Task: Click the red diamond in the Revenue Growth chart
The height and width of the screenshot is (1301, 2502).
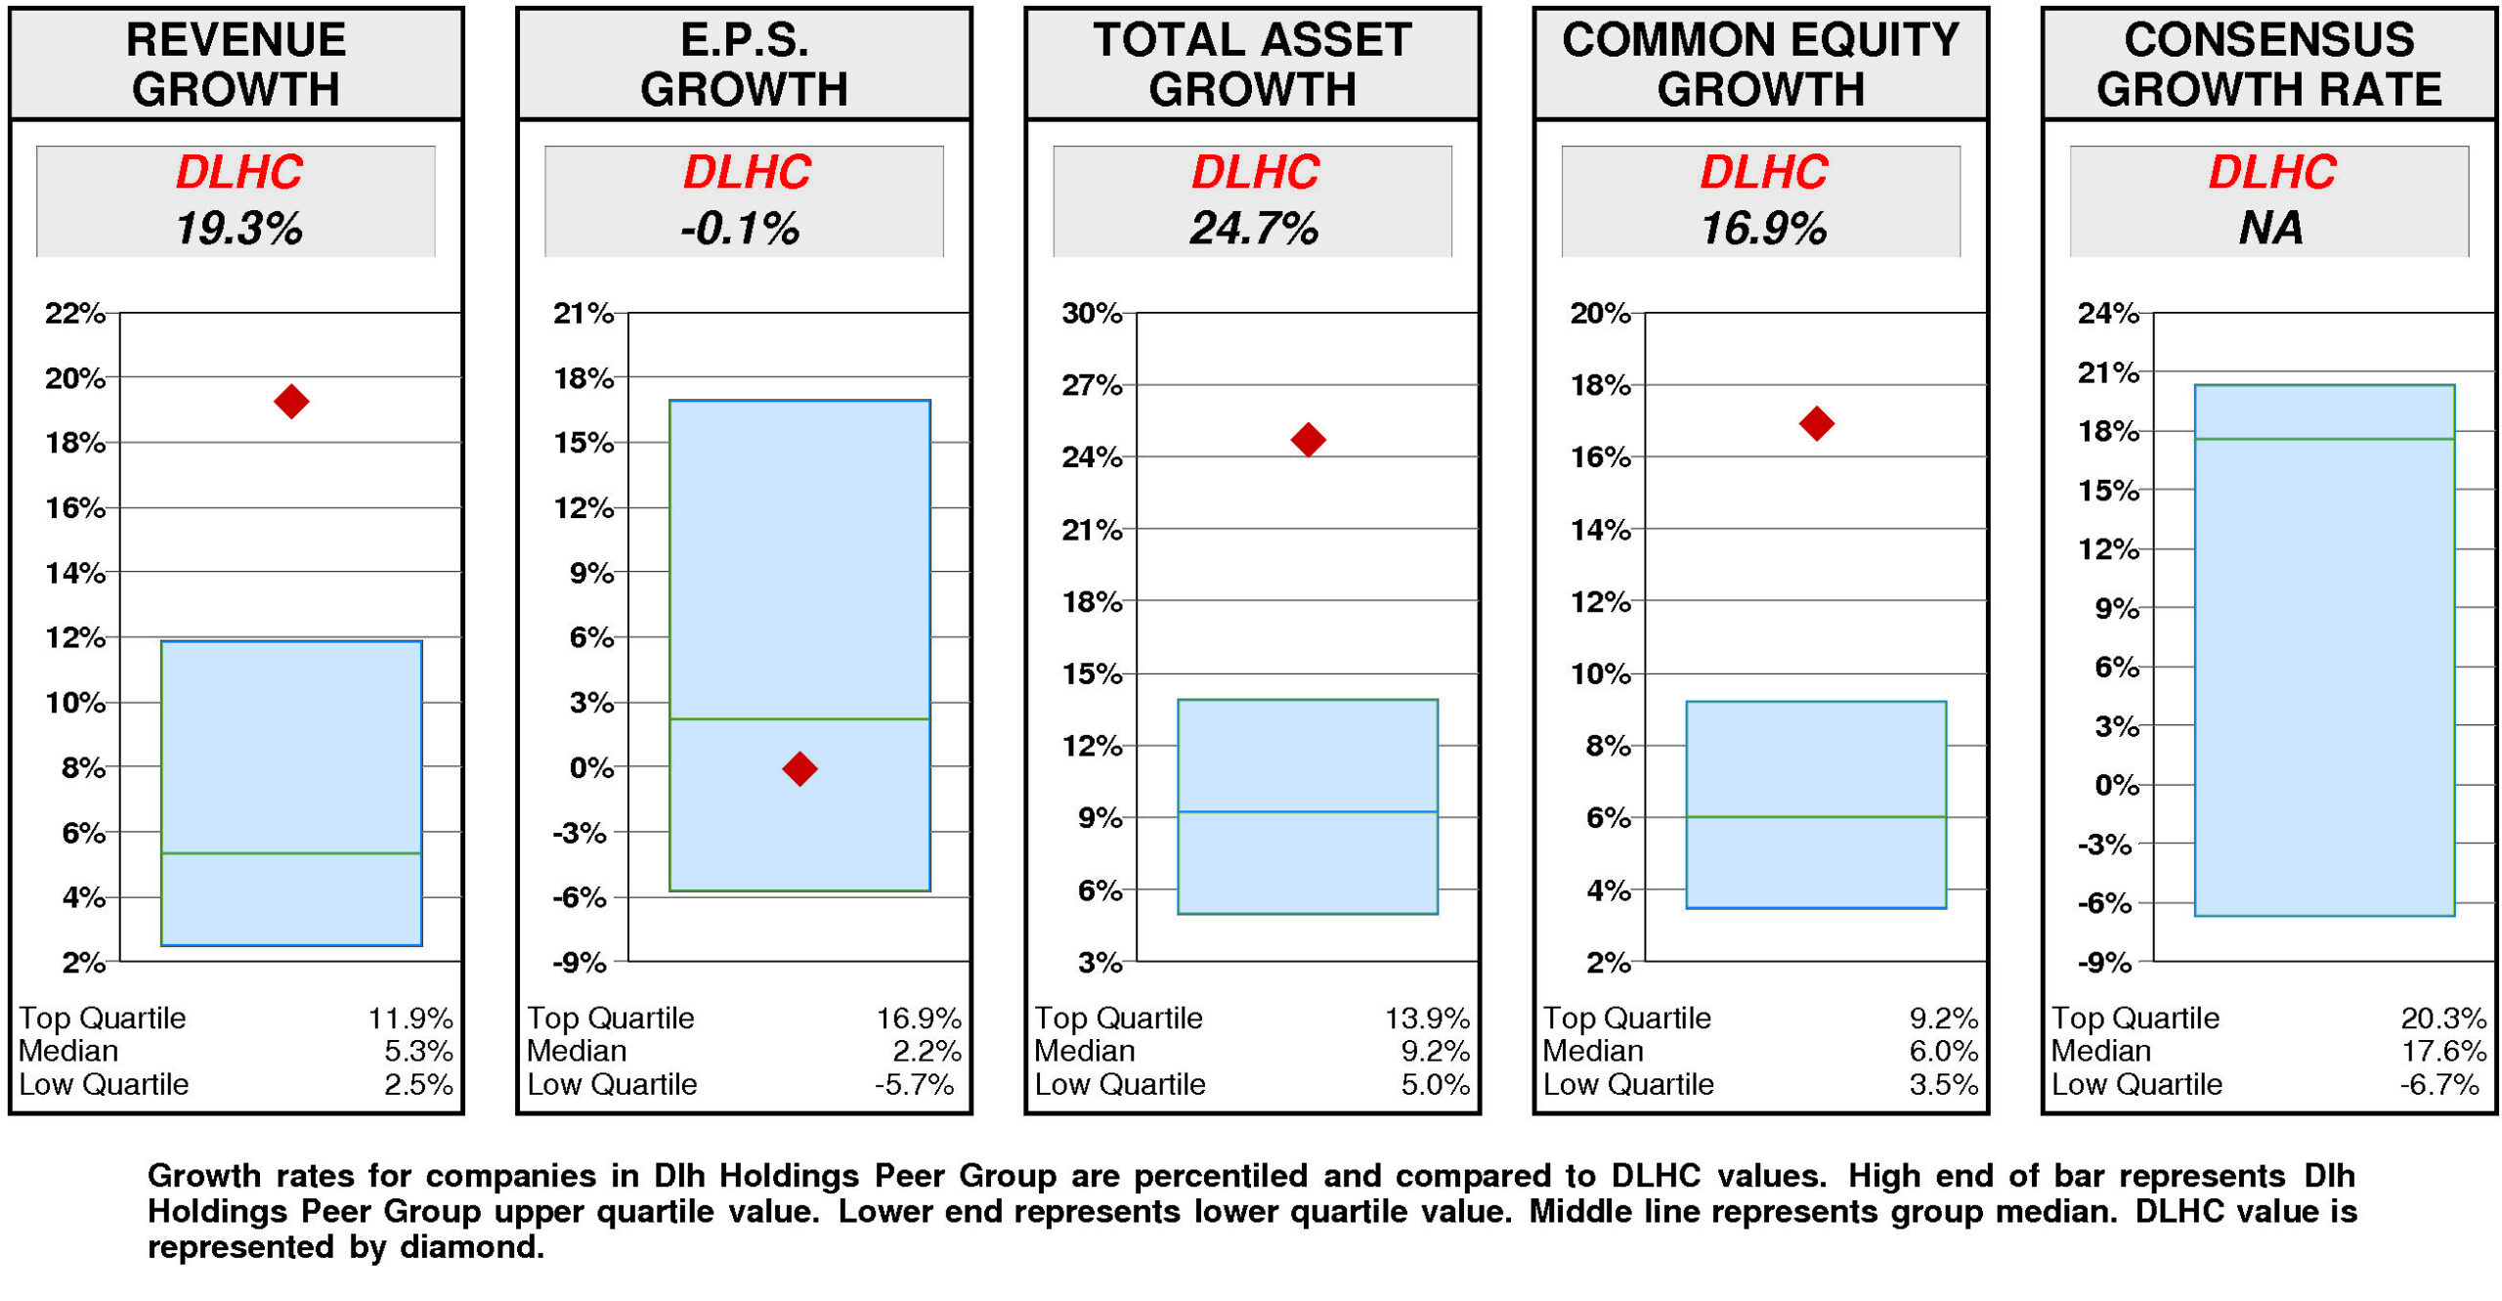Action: click(x=291, y=401)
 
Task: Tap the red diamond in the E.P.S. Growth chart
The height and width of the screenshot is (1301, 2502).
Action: click(x=799, y=768)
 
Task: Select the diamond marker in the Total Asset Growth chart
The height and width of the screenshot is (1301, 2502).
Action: click(x=1308, y=439)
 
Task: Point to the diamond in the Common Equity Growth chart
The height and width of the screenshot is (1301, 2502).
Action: click(x=1816, y=423)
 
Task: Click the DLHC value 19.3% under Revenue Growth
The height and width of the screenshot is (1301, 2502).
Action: click(x=238, y=229)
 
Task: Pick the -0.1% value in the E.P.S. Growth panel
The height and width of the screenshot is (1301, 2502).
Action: click(x=740, y=229)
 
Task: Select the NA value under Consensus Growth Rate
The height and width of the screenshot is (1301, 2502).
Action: click(x=2269, y=229)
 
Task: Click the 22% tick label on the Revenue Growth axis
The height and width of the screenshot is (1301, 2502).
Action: click(x=74, y=313)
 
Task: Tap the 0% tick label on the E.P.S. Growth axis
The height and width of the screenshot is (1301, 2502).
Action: click(x=591, y=767)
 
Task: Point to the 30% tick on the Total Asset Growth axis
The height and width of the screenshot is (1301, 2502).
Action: click(x=1091, y=313)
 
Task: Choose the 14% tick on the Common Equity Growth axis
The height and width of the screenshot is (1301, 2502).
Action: click(x=1600, y=530)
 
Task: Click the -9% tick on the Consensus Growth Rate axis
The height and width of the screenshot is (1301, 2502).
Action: click(x=2104, y=963)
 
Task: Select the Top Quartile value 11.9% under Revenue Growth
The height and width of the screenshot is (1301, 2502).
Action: click(x=410, y=1019)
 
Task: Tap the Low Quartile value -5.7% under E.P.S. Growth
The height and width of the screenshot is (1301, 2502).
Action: click(x=914, y=1084)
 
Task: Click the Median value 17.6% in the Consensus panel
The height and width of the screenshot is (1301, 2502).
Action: click(x=2442, y=1051)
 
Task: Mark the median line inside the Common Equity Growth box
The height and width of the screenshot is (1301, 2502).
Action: click(x=1816, y=817)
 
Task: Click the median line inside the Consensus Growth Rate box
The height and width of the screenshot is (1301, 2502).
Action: click(x=2324, y=439)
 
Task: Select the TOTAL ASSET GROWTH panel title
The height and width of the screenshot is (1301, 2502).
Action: click(x=1252, y=64)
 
